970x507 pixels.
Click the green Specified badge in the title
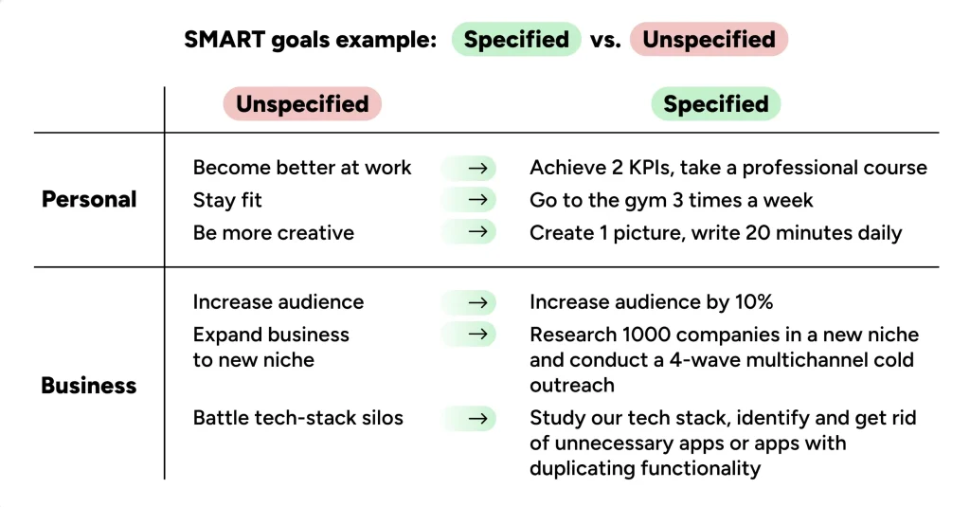point(516,40)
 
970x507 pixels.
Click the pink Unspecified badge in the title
point(709,40)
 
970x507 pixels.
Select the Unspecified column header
point(302,104)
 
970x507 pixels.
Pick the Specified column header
point(715,104)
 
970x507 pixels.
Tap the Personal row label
point(89,200)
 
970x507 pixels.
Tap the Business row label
point(89,386)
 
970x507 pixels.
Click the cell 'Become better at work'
point(302,168)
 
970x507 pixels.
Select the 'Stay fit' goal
point(227,200)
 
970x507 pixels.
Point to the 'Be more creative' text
point(273,232)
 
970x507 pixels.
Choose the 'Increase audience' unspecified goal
point(278,302)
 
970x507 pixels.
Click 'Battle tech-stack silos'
point(297,418)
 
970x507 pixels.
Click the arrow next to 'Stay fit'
point(480,200)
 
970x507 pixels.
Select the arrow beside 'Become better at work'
point(480,168)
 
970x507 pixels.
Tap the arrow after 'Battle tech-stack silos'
point(480,418)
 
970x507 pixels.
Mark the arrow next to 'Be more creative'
point(480,232)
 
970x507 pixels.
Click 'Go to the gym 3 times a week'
point(671,200)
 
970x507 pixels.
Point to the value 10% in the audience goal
point(753,302)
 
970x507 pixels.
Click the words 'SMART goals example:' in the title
point(311,40)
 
